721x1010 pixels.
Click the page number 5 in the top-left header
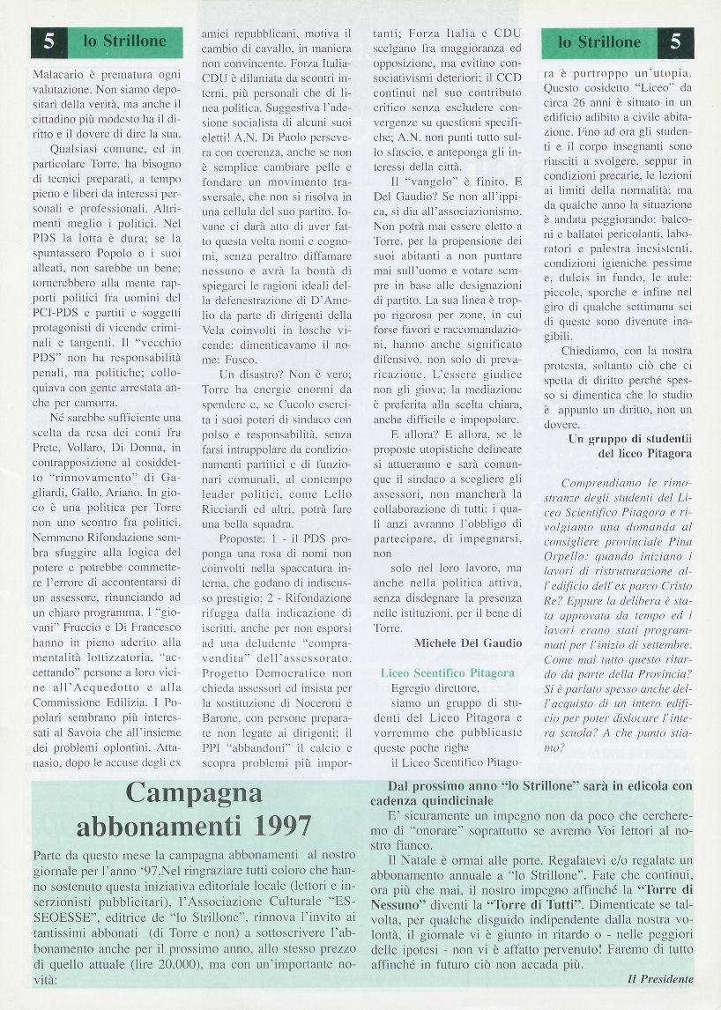tap(48, 41)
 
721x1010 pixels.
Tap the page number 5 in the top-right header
tap(675, 41)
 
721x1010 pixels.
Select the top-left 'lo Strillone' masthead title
tap(124, 41)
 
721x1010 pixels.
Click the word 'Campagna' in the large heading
tap(194, 793)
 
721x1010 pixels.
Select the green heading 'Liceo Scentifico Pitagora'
tap(448, 672)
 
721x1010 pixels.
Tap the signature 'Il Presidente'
tap(660, 979)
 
